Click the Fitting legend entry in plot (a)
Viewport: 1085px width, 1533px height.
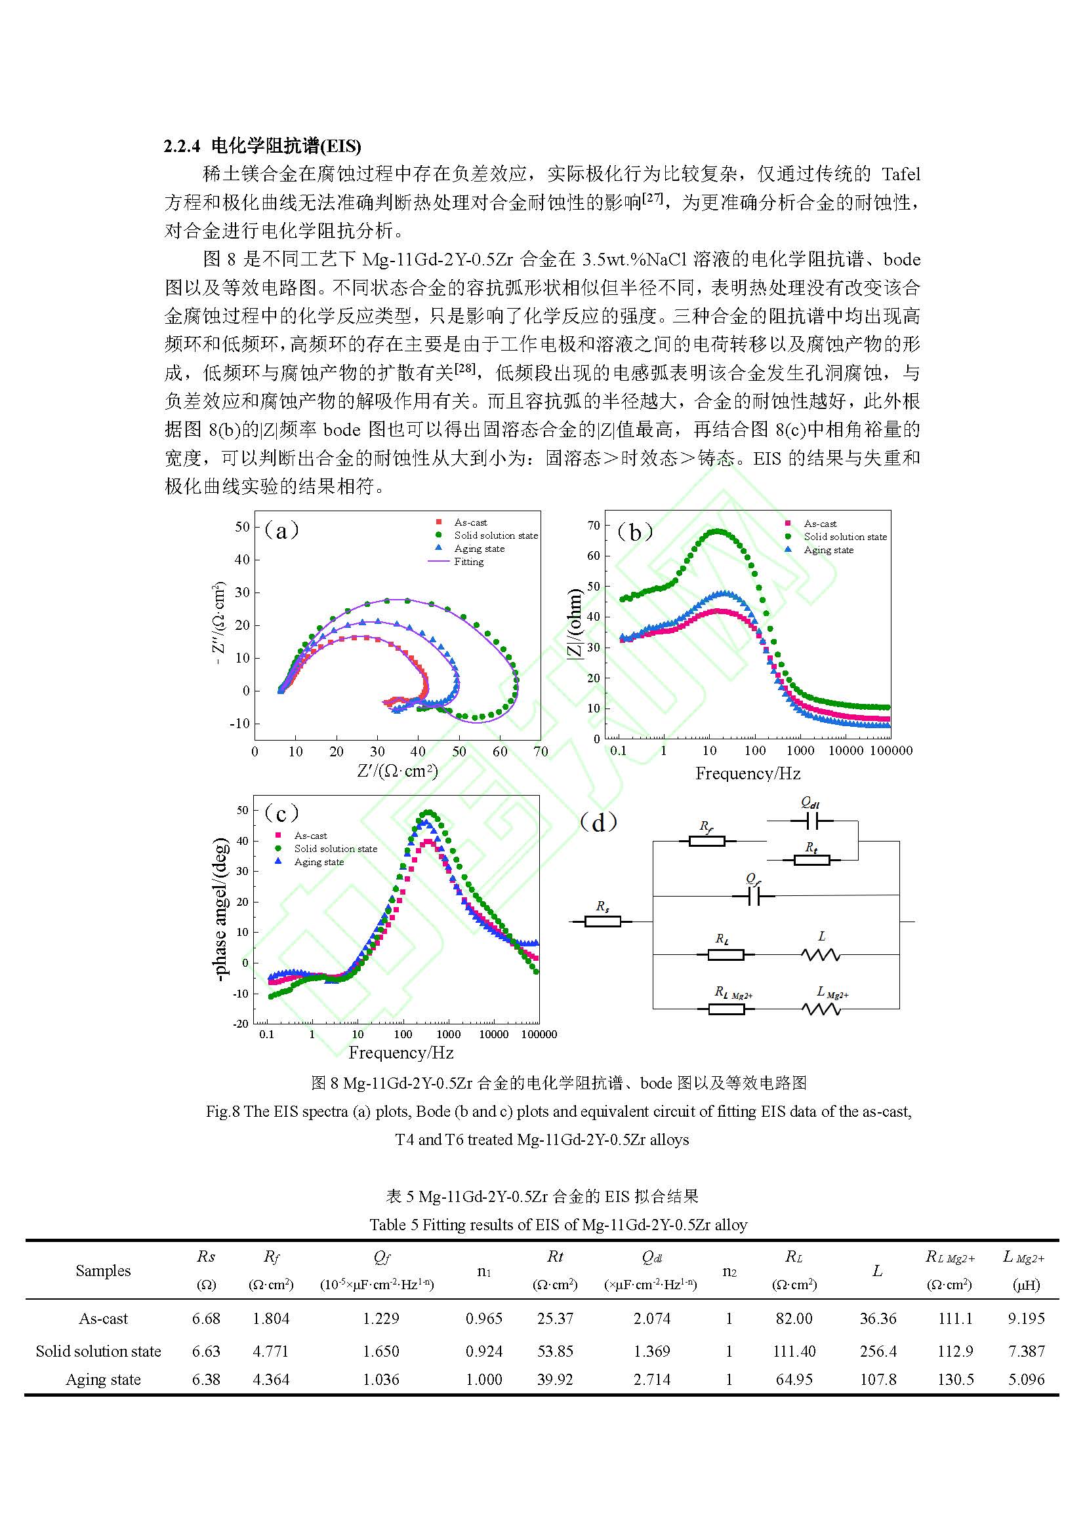click(468, 562)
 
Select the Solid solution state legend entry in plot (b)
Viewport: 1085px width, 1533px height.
click(844, 537)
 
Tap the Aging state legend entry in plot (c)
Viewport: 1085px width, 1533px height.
click(319, 862)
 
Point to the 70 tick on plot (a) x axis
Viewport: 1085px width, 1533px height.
click(541, 752)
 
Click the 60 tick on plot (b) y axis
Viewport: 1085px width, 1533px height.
click(593, 556)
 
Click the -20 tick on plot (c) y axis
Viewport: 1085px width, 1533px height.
click(241, 1024)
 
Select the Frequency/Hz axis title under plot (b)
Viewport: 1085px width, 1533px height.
click(748, 773)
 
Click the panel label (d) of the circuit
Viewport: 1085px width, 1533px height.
click(599, 823)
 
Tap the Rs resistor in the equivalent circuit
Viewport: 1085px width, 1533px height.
click(602, 922)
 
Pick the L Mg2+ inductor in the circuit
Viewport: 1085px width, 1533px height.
click(821, 1009)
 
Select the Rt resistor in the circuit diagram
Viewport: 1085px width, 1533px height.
click(811, 860)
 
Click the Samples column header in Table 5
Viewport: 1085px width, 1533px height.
click(103, 1271)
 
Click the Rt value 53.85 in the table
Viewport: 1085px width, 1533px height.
click(554, 1351)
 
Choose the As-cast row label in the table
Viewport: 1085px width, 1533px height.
click(103, 1319)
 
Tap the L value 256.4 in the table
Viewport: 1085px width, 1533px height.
click(877, 1351)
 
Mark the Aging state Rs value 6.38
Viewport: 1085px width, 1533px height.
click(206, 1380)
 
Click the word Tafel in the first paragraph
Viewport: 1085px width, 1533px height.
click(900, 174)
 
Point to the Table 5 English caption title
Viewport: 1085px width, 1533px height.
click(558, 1224)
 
